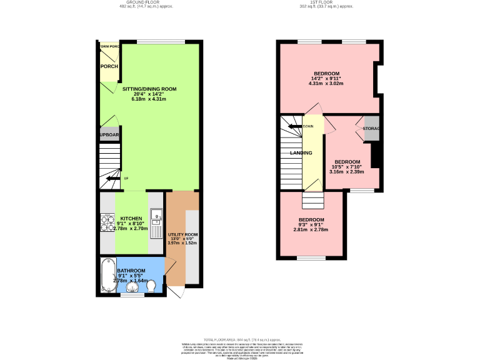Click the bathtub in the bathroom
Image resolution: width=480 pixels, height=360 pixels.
tap(105, 275)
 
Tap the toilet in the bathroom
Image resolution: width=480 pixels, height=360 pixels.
tap(151, 285)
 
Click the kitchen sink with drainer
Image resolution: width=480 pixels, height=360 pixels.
tap(156, 219)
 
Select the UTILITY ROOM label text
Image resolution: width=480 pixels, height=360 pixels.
tap(182, 234)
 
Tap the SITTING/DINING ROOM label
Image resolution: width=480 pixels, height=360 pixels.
tap(149, 89)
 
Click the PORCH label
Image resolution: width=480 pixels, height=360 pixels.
tap(109, 66)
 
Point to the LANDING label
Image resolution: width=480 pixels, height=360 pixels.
tap(301, 152)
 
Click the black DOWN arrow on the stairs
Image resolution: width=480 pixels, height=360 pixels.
tap(294, 127)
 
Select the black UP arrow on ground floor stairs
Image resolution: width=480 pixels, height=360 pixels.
tap(113, 179)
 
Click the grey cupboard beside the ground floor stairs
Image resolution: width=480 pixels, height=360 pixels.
tap(109, 134)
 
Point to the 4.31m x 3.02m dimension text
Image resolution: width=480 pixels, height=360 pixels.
tap(326, 83)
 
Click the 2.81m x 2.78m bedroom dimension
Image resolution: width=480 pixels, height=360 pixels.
tap(311, 229)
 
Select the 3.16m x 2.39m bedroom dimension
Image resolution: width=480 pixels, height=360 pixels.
tap(345, 171)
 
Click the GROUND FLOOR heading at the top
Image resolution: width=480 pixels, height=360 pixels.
tap(146, 2)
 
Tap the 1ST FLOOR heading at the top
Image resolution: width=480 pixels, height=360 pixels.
tap(326, 2)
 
